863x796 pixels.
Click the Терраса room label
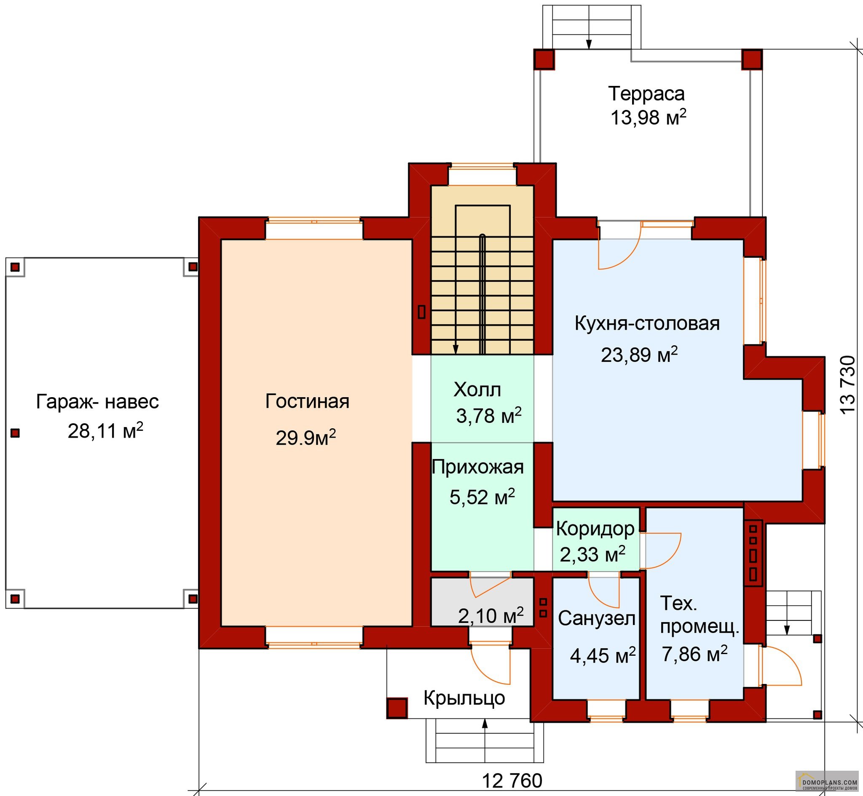646,94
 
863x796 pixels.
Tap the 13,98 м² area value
649,117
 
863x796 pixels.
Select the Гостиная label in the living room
307,401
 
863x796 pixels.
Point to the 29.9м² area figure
306,438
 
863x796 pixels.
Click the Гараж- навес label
97,401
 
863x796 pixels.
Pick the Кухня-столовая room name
647,323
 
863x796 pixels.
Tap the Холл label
477,390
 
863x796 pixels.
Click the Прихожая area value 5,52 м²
482,497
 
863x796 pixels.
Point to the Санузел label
597,618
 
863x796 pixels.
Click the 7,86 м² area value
694,654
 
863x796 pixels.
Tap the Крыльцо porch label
464,698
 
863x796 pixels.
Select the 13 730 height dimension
847,385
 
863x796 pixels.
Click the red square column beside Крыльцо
397,708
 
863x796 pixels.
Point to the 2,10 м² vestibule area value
491,615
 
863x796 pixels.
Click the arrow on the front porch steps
485,740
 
